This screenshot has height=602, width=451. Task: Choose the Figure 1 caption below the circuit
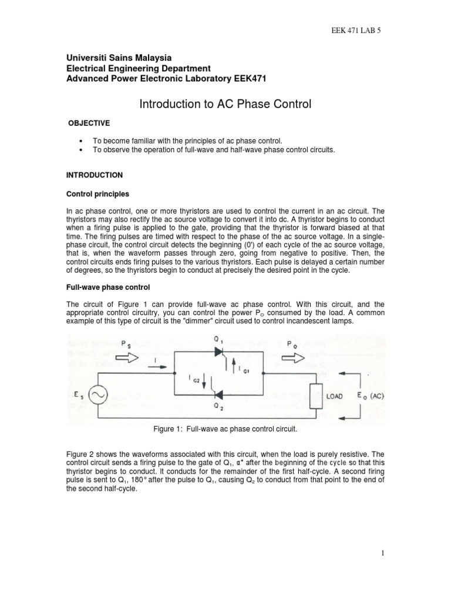click(225, 430)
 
